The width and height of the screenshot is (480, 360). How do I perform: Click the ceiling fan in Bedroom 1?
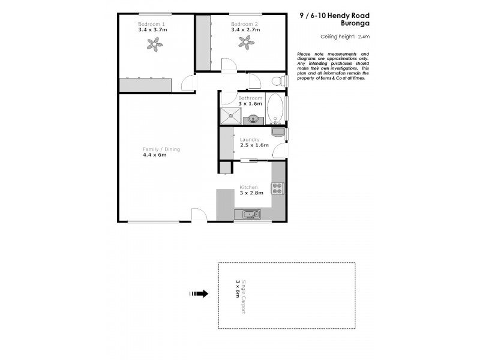click(x=155, y=43)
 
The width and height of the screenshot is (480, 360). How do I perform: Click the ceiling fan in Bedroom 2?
click(x=244, y=41)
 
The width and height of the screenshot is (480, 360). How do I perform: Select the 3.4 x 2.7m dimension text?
click(x=244, y=29)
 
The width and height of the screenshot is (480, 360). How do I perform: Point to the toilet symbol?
click(x=277, y=82)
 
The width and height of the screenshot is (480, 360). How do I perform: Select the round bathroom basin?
click(x=256, y=119)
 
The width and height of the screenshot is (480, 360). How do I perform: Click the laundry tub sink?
click(x=278, y=132)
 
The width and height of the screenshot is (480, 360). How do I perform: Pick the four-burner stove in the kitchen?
click(x=278, y=189)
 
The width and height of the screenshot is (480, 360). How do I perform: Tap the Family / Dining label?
click(x=161, y=149)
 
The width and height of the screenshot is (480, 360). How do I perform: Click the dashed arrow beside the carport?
click(x=199, y=294)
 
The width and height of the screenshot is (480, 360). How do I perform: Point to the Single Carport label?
click(x=244, y=295)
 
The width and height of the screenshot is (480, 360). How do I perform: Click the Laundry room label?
click(x=250, y=139)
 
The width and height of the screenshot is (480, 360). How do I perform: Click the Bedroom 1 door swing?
click(x=188, y=83)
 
